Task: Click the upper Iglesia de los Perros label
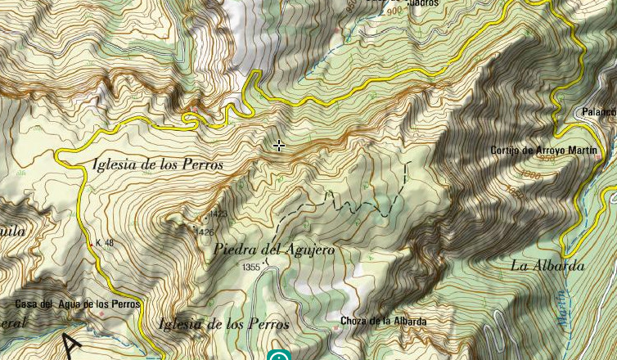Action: tap(158, 164)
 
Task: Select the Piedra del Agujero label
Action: tap(274, 250)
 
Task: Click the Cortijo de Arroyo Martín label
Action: tap(545, 151)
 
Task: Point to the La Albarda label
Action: tap(547, 266)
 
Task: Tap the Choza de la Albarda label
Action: tap(383, 322)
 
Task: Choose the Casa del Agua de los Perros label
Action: tap(78, 304)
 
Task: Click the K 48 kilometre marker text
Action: tap(105, 243)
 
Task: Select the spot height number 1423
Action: tap(218, 214)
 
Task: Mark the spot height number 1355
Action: tap(251, 268)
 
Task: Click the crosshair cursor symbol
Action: tap(279, 146)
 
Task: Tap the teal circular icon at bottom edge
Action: tap(279, 356)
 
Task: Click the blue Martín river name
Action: tap(563, 308)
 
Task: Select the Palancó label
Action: tap(598, 112)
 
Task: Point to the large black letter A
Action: tap(71, 345)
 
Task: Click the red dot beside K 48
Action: tap(92, 243)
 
